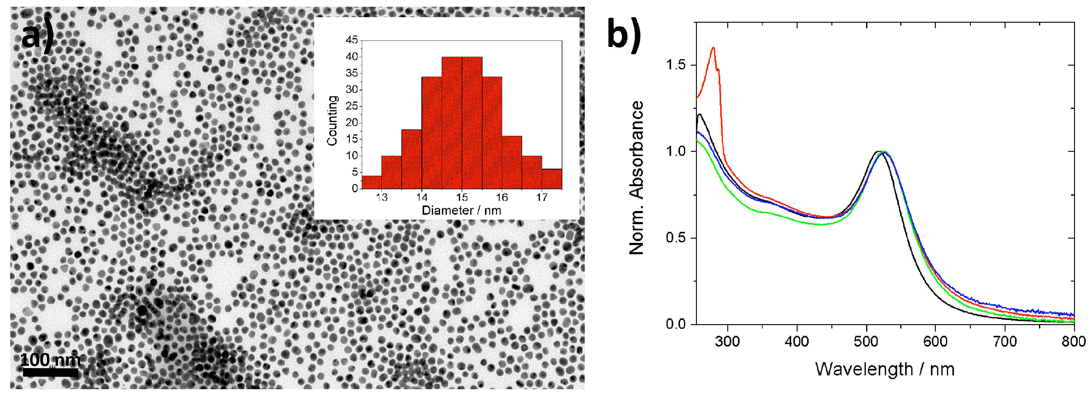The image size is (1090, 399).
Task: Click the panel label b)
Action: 624,36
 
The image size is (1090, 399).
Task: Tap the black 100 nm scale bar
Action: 50,372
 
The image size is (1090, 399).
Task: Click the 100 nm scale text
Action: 50,360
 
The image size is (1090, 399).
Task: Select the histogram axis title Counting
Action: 333,121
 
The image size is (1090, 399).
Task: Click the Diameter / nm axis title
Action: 461,210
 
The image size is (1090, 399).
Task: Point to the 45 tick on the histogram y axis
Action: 352,40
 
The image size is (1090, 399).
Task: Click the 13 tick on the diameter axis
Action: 382,198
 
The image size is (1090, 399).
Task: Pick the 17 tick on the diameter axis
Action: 541,198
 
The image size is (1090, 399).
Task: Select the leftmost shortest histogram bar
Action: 372,182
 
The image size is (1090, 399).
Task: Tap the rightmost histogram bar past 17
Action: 552,179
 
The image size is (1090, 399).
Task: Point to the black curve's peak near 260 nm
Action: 700,114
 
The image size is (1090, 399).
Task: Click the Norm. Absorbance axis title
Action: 636,178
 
